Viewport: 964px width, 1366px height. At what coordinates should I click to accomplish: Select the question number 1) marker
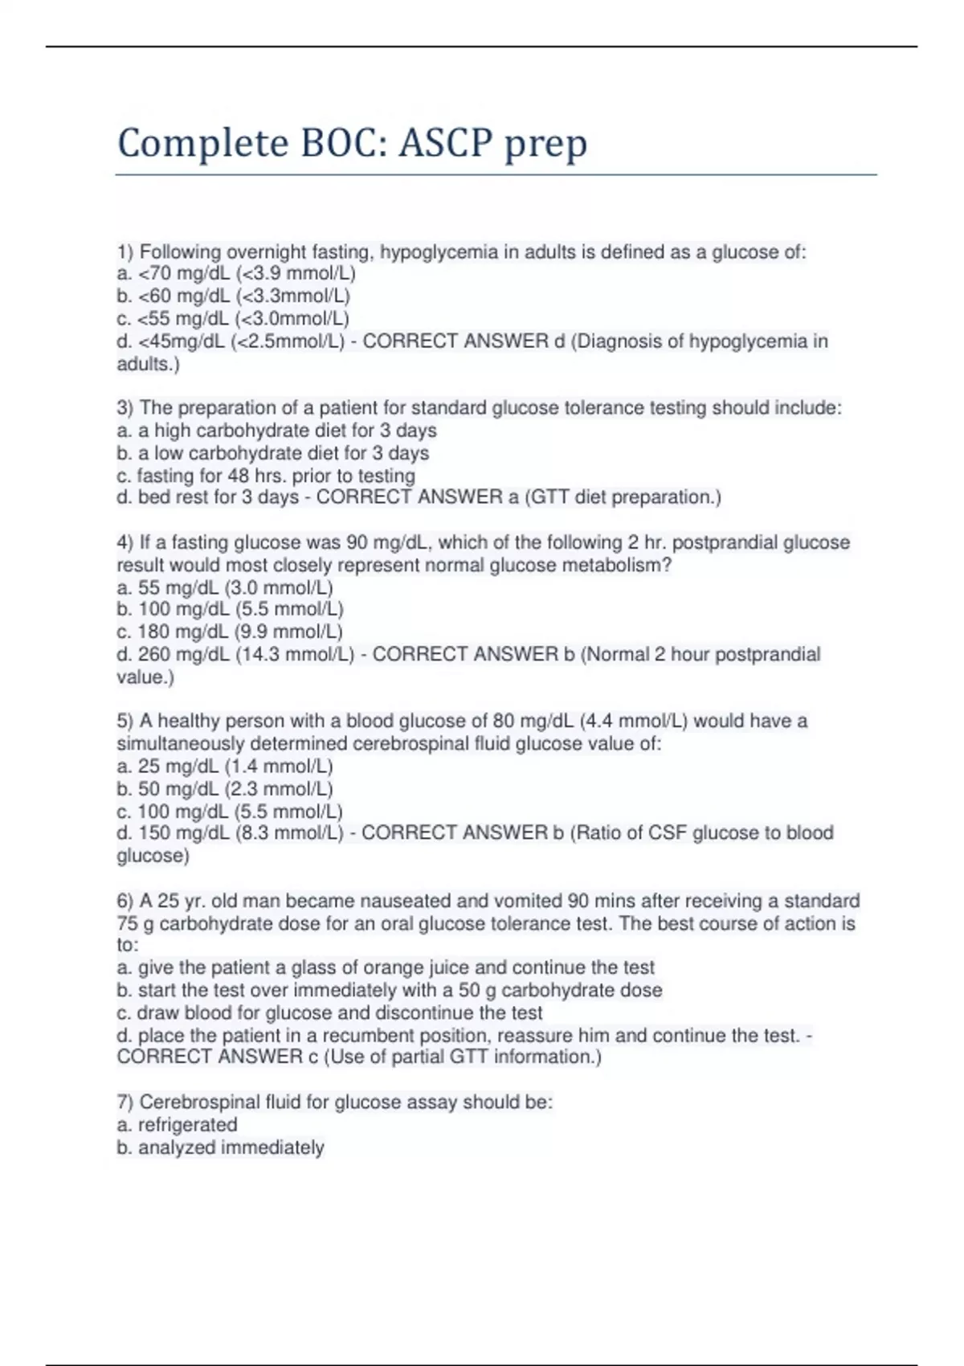click(x=125, y=252)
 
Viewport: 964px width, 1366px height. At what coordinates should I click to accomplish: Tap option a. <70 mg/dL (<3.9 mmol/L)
click(x=236, y=274)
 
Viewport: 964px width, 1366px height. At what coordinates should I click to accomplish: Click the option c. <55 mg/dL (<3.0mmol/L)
click(x=233, y=319)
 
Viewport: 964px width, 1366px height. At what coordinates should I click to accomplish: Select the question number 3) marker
click(x=125, y=408)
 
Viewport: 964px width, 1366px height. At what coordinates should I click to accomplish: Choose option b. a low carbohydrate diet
click(x=273, y=453)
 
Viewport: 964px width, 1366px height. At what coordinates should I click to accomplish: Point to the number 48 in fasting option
click(x=238, y=476)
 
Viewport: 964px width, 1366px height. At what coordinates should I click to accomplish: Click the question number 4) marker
click(x=125, y=543)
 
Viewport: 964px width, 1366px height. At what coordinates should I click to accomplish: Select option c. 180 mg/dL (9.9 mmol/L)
click(x=230, y=632)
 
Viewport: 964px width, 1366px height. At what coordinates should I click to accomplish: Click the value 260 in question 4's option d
click(x=153, y=655)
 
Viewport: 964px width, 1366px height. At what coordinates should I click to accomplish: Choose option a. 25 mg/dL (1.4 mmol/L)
click(x=225, y=767)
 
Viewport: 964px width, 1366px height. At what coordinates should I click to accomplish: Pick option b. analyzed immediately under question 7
click(x=220, y=1148)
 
